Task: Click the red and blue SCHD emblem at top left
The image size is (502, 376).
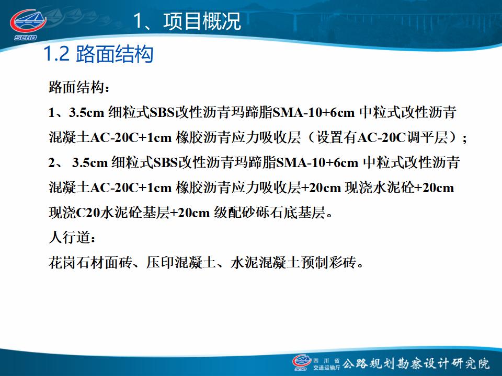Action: point(28,21)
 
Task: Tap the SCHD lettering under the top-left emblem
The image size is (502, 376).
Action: point(26,38)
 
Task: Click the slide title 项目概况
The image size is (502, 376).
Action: point(202,21)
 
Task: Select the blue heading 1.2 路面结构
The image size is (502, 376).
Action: point(98,54)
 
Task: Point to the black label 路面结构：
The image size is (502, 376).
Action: point(79,87)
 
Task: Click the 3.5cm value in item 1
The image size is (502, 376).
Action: point(86,113)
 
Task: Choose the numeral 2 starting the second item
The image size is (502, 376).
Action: point(52,163)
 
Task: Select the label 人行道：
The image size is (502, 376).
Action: point(72,238)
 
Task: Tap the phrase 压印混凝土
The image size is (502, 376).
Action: point(180,263)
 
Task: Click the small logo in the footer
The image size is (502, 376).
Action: point(301,362)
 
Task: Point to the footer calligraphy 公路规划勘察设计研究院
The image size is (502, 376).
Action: point(416,363)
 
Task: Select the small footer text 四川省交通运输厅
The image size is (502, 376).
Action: point(326,365)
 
